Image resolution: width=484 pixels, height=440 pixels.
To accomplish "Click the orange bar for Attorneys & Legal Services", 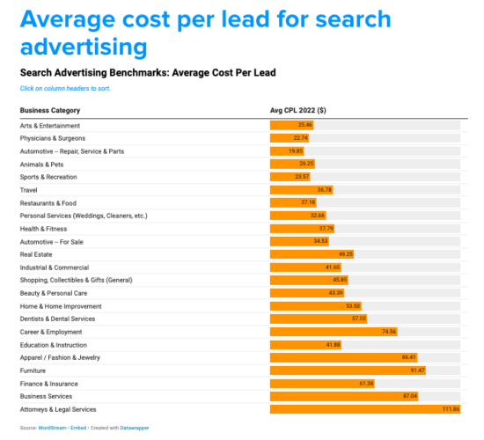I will coord(365,409).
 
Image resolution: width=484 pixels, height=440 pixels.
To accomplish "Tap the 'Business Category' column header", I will coord(50,110).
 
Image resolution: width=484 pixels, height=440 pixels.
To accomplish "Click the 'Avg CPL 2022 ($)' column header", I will coord(297,110).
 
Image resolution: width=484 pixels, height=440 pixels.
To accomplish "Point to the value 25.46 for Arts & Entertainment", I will coord(304,125).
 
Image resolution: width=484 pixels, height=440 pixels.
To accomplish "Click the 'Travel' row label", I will coord(30,189).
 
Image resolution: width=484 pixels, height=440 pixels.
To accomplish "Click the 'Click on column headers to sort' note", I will coord(65,88).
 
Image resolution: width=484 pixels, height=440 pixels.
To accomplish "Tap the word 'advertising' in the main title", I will coord(84,45).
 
